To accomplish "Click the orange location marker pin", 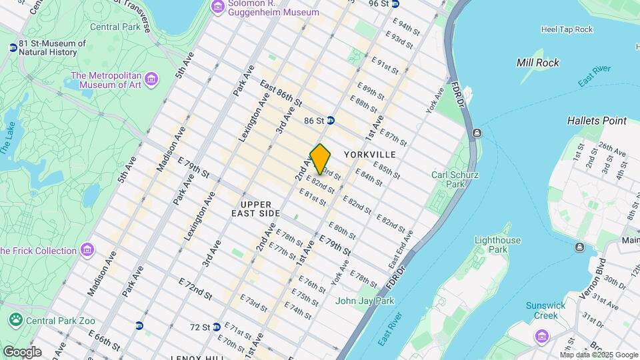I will click(321, 159).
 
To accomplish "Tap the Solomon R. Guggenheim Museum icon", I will click(217, 7).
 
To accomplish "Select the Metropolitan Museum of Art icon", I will click(152, 80).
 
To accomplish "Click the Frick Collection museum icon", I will click(87, 251).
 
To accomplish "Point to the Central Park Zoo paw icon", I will click(15, 321).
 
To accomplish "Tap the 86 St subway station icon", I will click(331, 121).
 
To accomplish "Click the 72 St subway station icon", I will click(139, 326).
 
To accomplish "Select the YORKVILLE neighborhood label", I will click(370, 155).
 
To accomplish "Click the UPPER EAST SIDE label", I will click(255, 208).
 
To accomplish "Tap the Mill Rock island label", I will click(538, 63).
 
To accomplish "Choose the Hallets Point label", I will click(597, 121).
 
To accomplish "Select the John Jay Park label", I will click(365, 301).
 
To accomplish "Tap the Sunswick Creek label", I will click(546, 311).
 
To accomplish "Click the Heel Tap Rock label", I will click(567, 29).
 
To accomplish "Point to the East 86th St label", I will click(281, 96).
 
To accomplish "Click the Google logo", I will click(22, 351).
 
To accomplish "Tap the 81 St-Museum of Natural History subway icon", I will click(13, 47).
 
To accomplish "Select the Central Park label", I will click(115, 27).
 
